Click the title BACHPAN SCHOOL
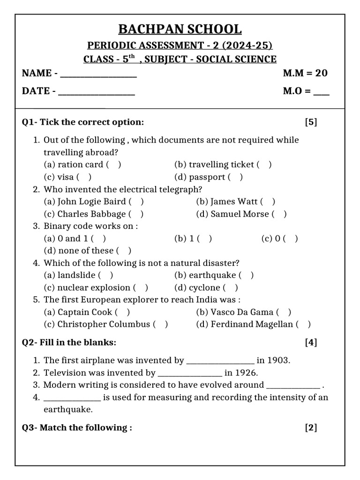(x=180, y=29)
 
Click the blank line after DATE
(x=96, y=91)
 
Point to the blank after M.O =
(x=321, y=91)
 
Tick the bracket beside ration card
(x=113, y=165)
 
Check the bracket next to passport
(x=235, y=177)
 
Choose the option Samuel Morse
(x=240, y=214)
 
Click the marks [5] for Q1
(x=311, y=122)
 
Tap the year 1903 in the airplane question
(x=280, y=360)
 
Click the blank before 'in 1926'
(x=190, y=374)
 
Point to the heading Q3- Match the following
(x=77, y=427)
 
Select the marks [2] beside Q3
(x=311, y=427)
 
